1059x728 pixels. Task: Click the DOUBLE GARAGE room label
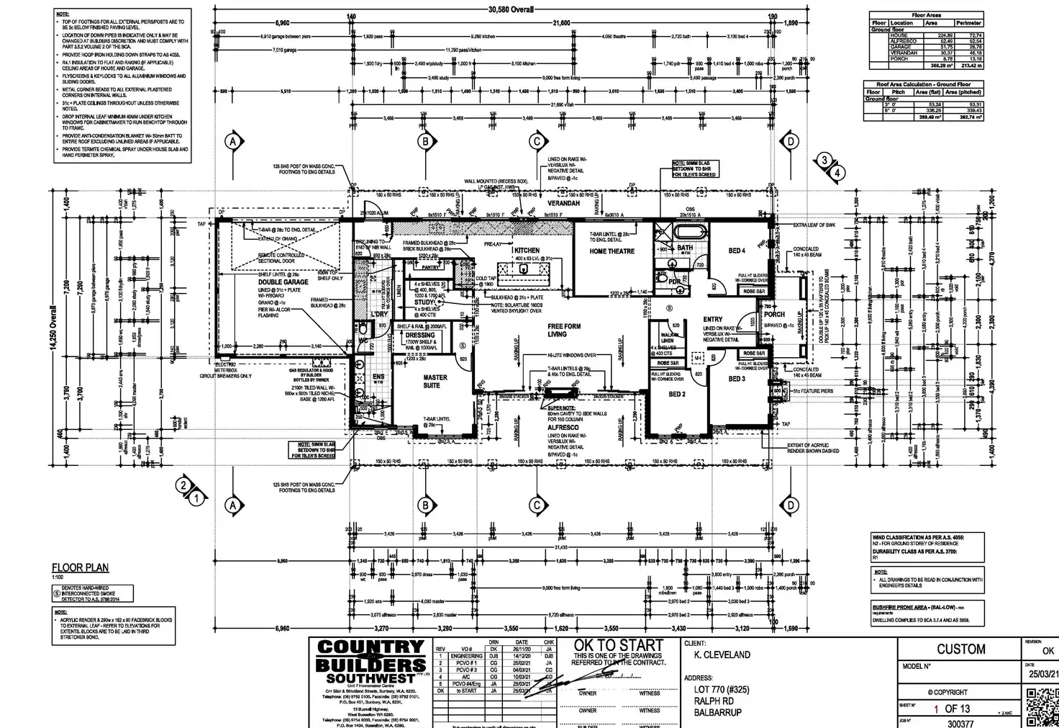pos(283,282)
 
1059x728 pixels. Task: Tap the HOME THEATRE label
pos(612,251)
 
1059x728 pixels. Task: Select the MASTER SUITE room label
pos(435,381)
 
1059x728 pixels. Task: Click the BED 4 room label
pos(737,251)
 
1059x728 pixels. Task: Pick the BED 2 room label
pos(677,395)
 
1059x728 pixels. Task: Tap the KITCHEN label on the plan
pos(527,251)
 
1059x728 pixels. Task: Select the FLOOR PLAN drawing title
pos(81,568)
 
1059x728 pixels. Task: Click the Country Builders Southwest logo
pos(371,662)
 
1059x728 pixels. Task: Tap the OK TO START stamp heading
pos(619,645)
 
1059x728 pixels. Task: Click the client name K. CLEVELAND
pos(722,655)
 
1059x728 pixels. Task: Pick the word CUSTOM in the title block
pos(960,649)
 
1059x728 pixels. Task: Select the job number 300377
pos(960,724)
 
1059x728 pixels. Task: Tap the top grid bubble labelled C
pos(536,141)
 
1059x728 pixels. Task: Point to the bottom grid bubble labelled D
pos(790,505)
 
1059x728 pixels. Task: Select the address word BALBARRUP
pos(718,713)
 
